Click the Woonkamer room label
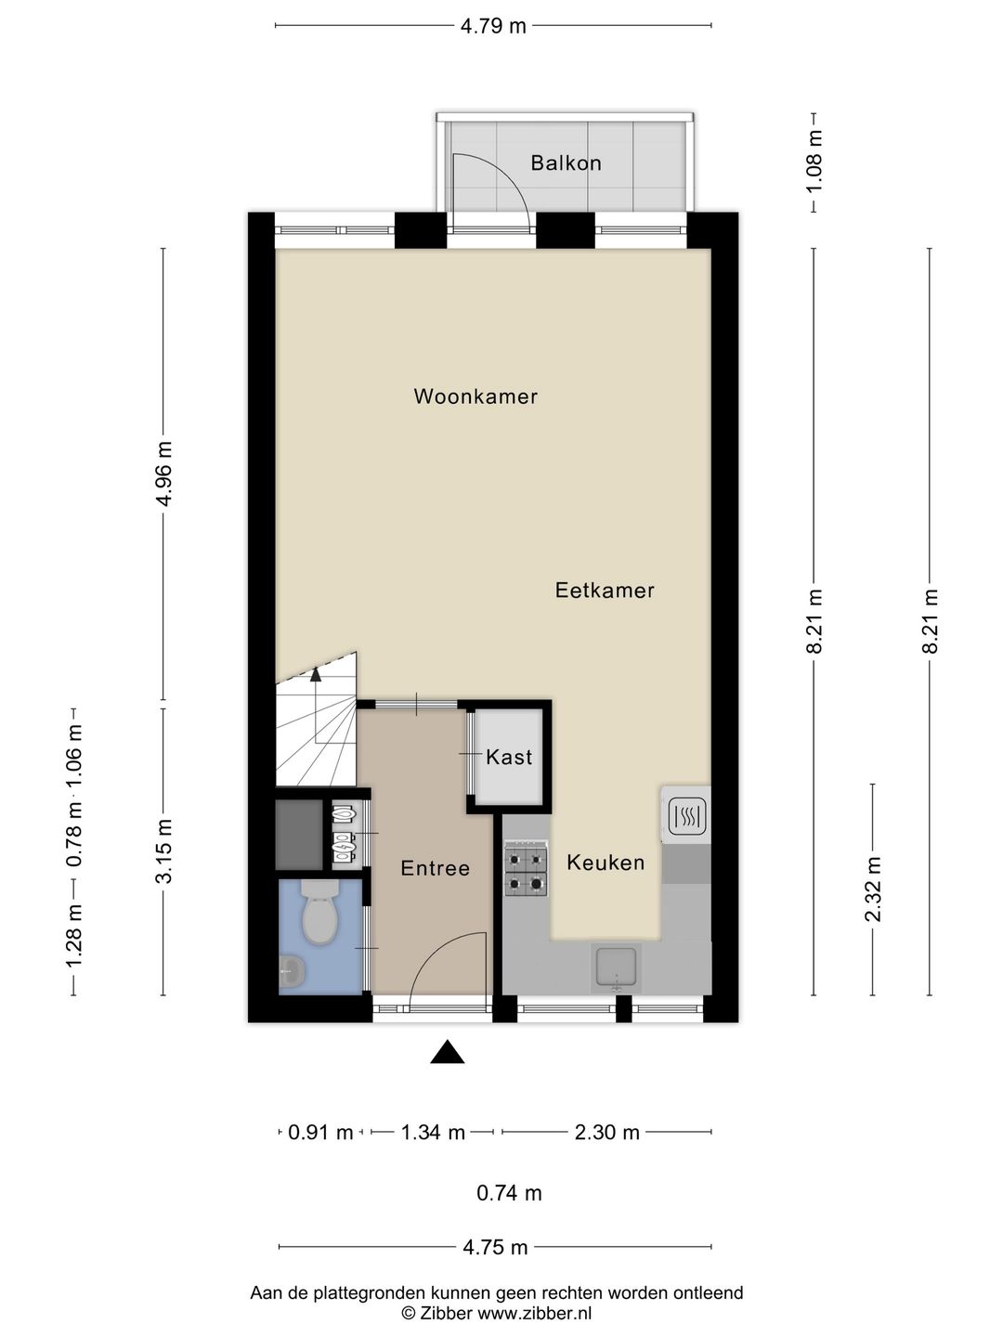(x=475, y=396)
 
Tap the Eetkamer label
(x=605, y=590)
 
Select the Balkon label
(x=566, y=163)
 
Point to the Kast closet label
(x=509, y=757)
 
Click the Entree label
(x=435, y=868)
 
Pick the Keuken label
(x=606, y=863)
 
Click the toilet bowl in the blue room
(x=319, y=914)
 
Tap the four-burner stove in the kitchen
(x=526, y=870)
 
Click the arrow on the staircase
(x=316, y=675)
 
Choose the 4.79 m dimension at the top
(x=493, y=26)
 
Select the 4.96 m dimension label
(x=164, y=474)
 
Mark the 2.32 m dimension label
(x=873, y=889)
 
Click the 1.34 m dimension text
(x=433, y=1132)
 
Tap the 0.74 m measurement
(x=509, y=1193)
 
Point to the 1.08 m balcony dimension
(x=814, y=162)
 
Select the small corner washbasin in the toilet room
(x=291, y=973)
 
